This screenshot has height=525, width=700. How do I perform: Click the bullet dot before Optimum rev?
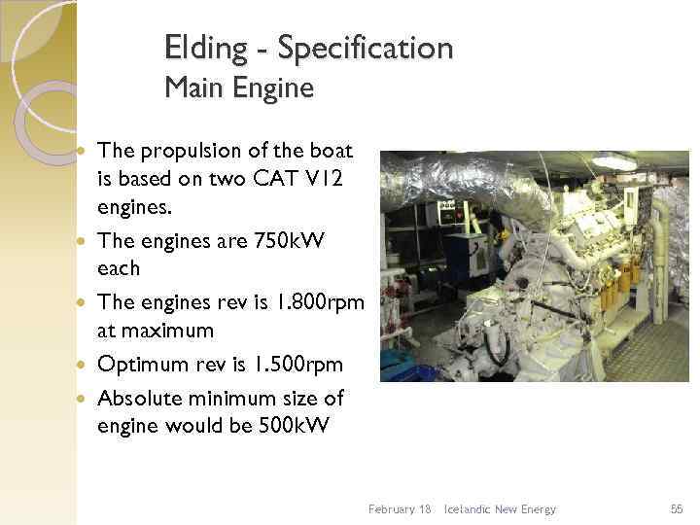pyautogui.click(x=84, y=365)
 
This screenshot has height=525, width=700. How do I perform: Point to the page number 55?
pyautogui.click(x=677, y=509)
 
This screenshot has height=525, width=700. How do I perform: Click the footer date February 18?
pyautogui.click(x=400, y=509)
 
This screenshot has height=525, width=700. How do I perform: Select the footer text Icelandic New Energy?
pyautogui.click(x=500, y=509)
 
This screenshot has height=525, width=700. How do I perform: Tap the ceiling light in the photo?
pyautogui.click(x=614, y=162)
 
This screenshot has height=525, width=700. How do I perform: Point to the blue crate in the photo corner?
pyautogui.click(x=398, y=362)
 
